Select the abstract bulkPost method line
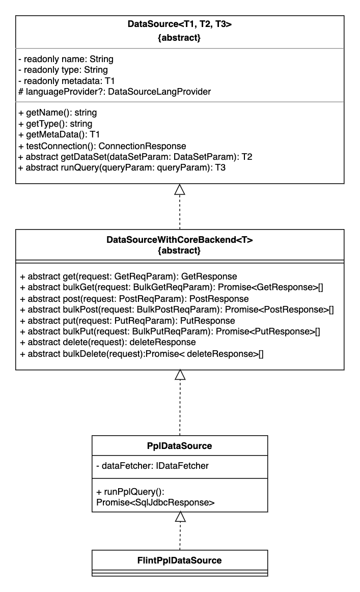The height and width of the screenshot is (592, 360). tap(176, 309)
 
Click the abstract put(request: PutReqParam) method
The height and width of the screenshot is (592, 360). tap(127, 321)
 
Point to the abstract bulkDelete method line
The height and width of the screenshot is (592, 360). tap(141, 353)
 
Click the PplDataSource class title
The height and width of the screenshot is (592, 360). tap(179, 446)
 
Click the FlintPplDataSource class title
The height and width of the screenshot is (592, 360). tap(179, 560)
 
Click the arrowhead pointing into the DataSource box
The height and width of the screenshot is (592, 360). tap(179, 190)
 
